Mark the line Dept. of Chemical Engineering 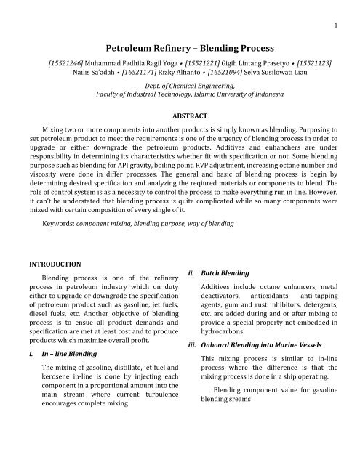click(180, 86)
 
